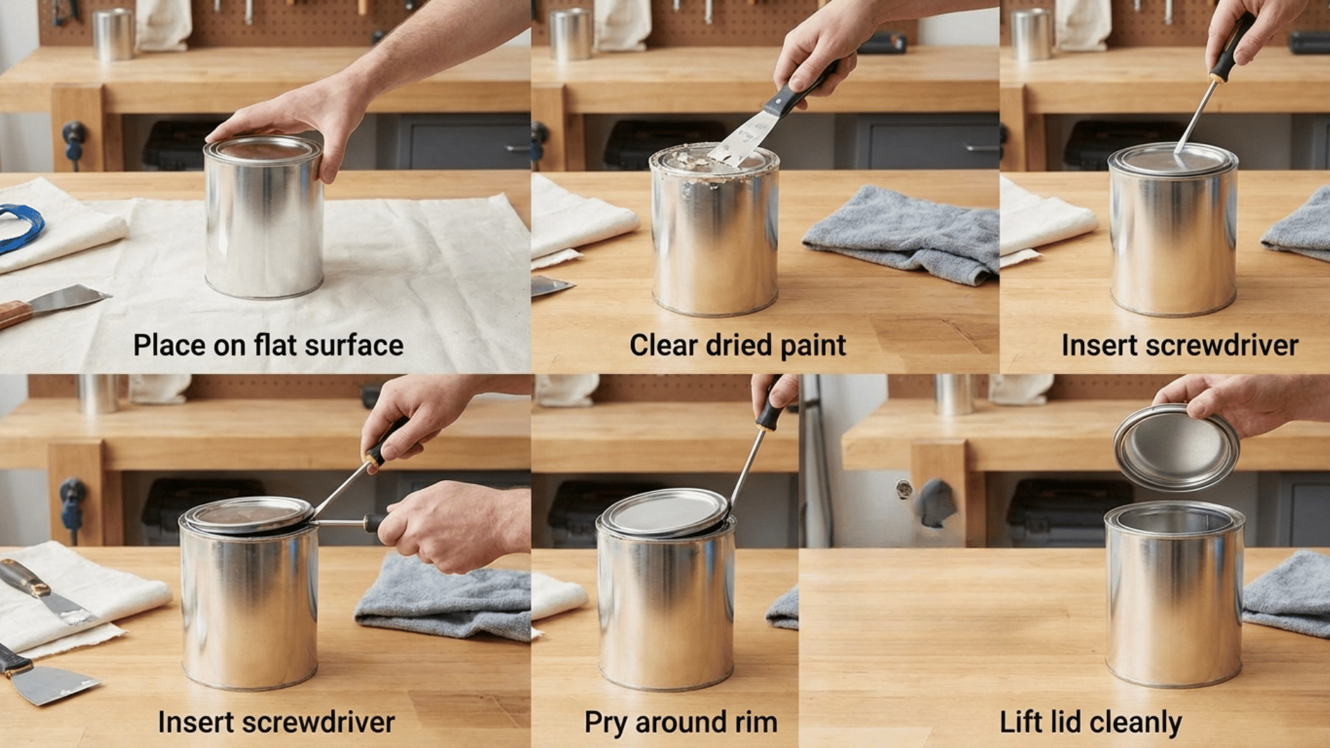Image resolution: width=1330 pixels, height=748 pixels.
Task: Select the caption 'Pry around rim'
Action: point(680,722)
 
